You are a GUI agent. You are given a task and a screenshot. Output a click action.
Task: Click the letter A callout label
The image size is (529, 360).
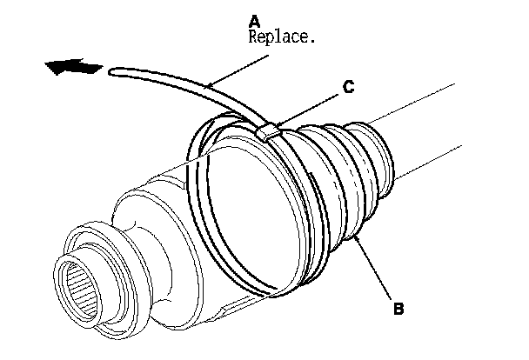(253, 19)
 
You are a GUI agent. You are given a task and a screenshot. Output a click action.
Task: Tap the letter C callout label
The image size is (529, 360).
(346, 85)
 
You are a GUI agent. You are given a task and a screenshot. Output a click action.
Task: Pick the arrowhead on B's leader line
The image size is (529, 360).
(353, 237)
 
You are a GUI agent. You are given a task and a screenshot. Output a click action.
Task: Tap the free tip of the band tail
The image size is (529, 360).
(112, 76)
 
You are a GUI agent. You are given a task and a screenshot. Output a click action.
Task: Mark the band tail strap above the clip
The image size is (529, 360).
(191, 87)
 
